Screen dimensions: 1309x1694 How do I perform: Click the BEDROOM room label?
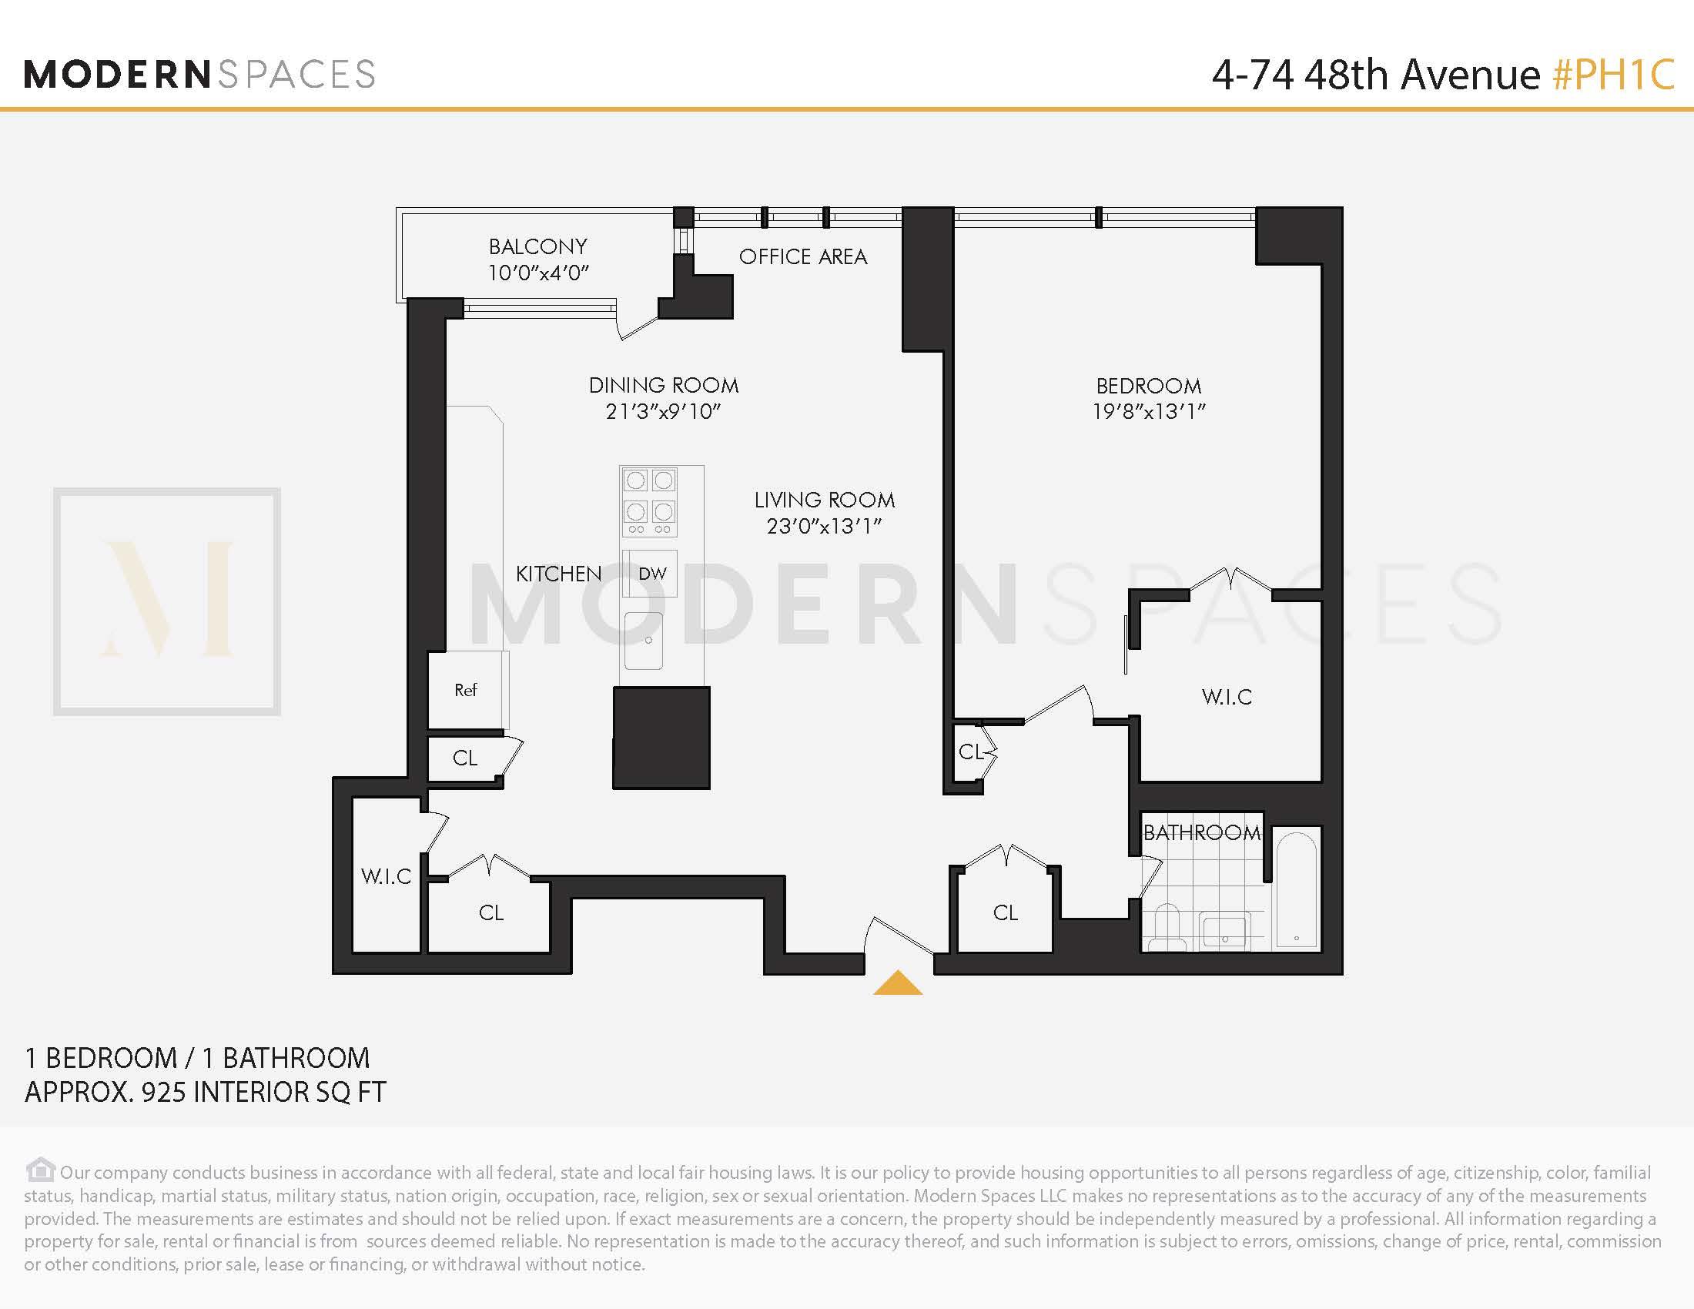1148,386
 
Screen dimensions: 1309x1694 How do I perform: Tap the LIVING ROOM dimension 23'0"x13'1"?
824,527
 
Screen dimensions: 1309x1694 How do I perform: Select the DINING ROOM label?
663,386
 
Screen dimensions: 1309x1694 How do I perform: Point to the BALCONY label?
537,246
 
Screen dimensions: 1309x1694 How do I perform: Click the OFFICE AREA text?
803,256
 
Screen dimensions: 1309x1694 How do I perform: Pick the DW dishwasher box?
651,573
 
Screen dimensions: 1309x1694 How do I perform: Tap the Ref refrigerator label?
465,689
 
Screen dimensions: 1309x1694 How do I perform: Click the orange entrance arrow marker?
897,983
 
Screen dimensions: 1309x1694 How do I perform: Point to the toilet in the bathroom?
1167,928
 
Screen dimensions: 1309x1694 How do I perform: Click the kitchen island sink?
644,640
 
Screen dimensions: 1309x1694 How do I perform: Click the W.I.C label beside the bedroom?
1227,696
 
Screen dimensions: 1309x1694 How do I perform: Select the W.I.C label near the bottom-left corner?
386,876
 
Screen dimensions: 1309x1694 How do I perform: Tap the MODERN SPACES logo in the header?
200,75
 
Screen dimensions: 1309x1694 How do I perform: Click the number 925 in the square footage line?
163,1092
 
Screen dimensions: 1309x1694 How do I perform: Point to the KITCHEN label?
558,574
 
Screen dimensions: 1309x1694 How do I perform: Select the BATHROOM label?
1201,832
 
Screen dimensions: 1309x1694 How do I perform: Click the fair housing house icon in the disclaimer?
40,1169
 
